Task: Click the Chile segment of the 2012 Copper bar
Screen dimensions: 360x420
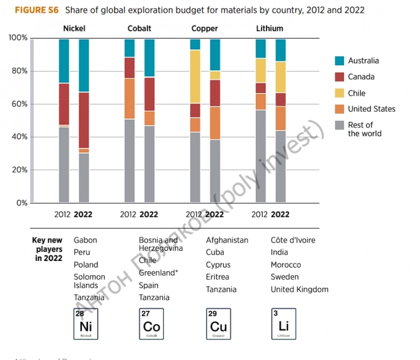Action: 194,76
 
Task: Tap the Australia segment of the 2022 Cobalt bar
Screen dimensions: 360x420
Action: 149,58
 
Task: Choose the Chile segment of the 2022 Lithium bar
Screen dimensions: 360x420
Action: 280,77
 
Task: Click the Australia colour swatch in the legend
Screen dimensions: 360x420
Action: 340,61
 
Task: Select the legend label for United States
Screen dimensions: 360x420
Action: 371,109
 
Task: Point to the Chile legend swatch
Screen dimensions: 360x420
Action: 340,93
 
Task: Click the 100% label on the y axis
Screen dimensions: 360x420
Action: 17,38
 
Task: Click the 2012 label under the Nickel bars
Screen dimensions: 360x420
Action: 62,215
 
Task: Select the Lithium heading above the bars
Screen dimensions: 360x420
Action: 269,28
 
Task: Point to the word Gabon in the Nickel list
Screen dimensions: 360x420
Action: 85,240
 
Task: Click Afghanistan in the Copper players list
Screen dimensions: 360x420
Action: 227,240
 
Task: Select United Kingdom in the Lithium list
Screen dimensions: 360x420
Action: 299,289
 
